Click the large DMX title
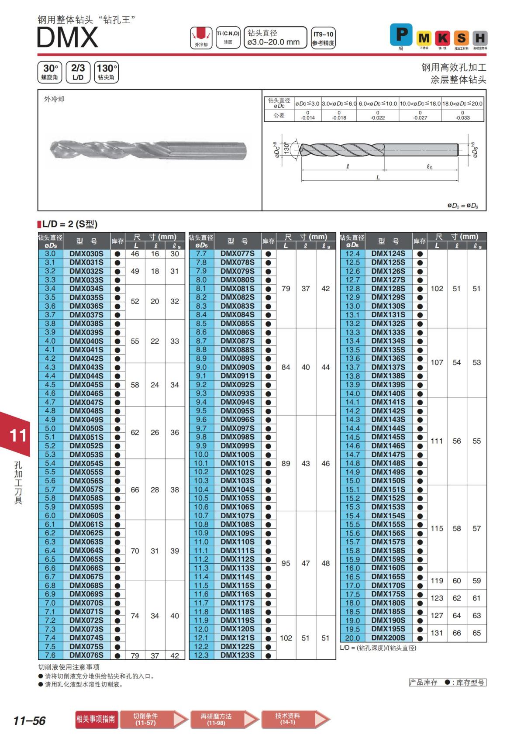pos(68,38)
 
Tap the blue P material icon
pos(401,34)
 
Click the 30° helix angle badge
pos(50,72)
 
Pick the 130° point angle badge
pos(106,72)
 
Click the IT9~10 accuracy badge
pos(323,38)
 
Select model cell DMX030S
pos(86,254)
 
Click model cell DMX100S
pos(237,455)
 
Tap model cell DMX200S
pos(388,638)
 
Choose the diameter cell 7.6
pos(50,655)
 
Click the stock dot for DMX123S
pos(268,655)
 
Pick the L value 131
pos(437,633)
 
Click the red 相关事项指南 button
pos(96,719)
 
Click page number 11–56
pos(30,720)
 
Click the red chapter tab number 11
pos(18,435)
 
